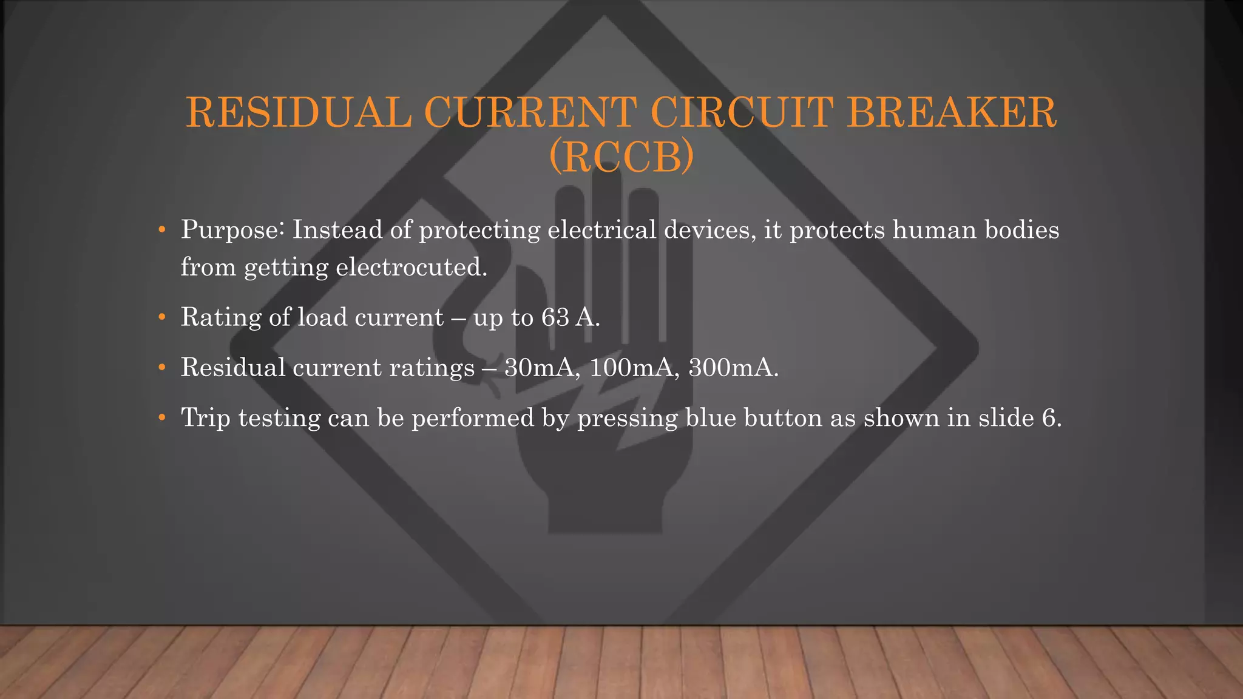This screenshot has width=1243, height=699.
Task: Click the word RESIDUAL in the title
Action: coord(298,112)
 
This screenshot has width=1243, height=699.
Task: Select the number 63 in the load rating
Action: coord(555,317)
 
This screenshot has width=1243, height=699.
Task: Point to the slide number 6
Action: coord(1048,418)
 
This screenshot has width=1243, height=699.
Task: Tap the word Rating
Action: coord(221,317)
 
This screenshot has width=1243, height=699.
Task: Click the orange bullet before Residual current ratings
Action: coord(161,368)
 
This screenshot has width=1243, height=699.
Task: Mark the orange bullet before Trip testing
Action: coord(161,418)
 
